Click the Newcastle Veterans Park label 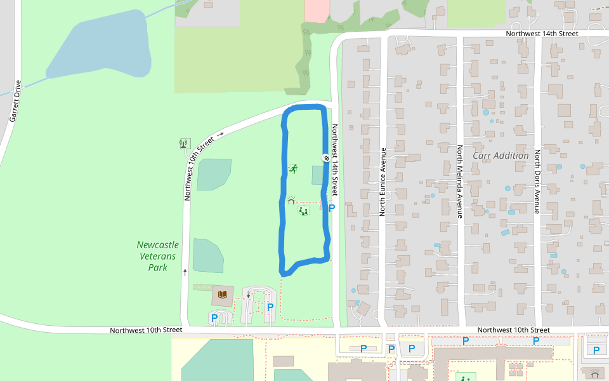coord(157,256)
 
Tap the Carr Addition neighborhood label coord(501,156)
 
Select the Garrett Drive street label coord(15,101)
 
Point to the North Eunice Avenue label coord(383,182)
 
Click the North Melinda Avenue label coord(460,182)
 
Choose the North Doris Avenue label coord(537,182)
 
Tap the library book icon coord(222,294)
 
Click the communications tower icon coord(184,144)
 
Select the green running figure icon coord(293,169)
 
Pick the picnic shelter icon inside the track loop coord(291,200)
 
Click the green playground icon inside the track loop coord(303,210)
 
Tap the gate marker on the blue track coord(326,158)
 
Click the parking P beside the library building coord(214,317)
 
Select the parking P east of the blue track coord(332,208)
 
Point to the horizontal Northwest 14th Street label coord(542,34)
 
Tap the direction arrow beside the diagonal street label coord(220,134)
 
